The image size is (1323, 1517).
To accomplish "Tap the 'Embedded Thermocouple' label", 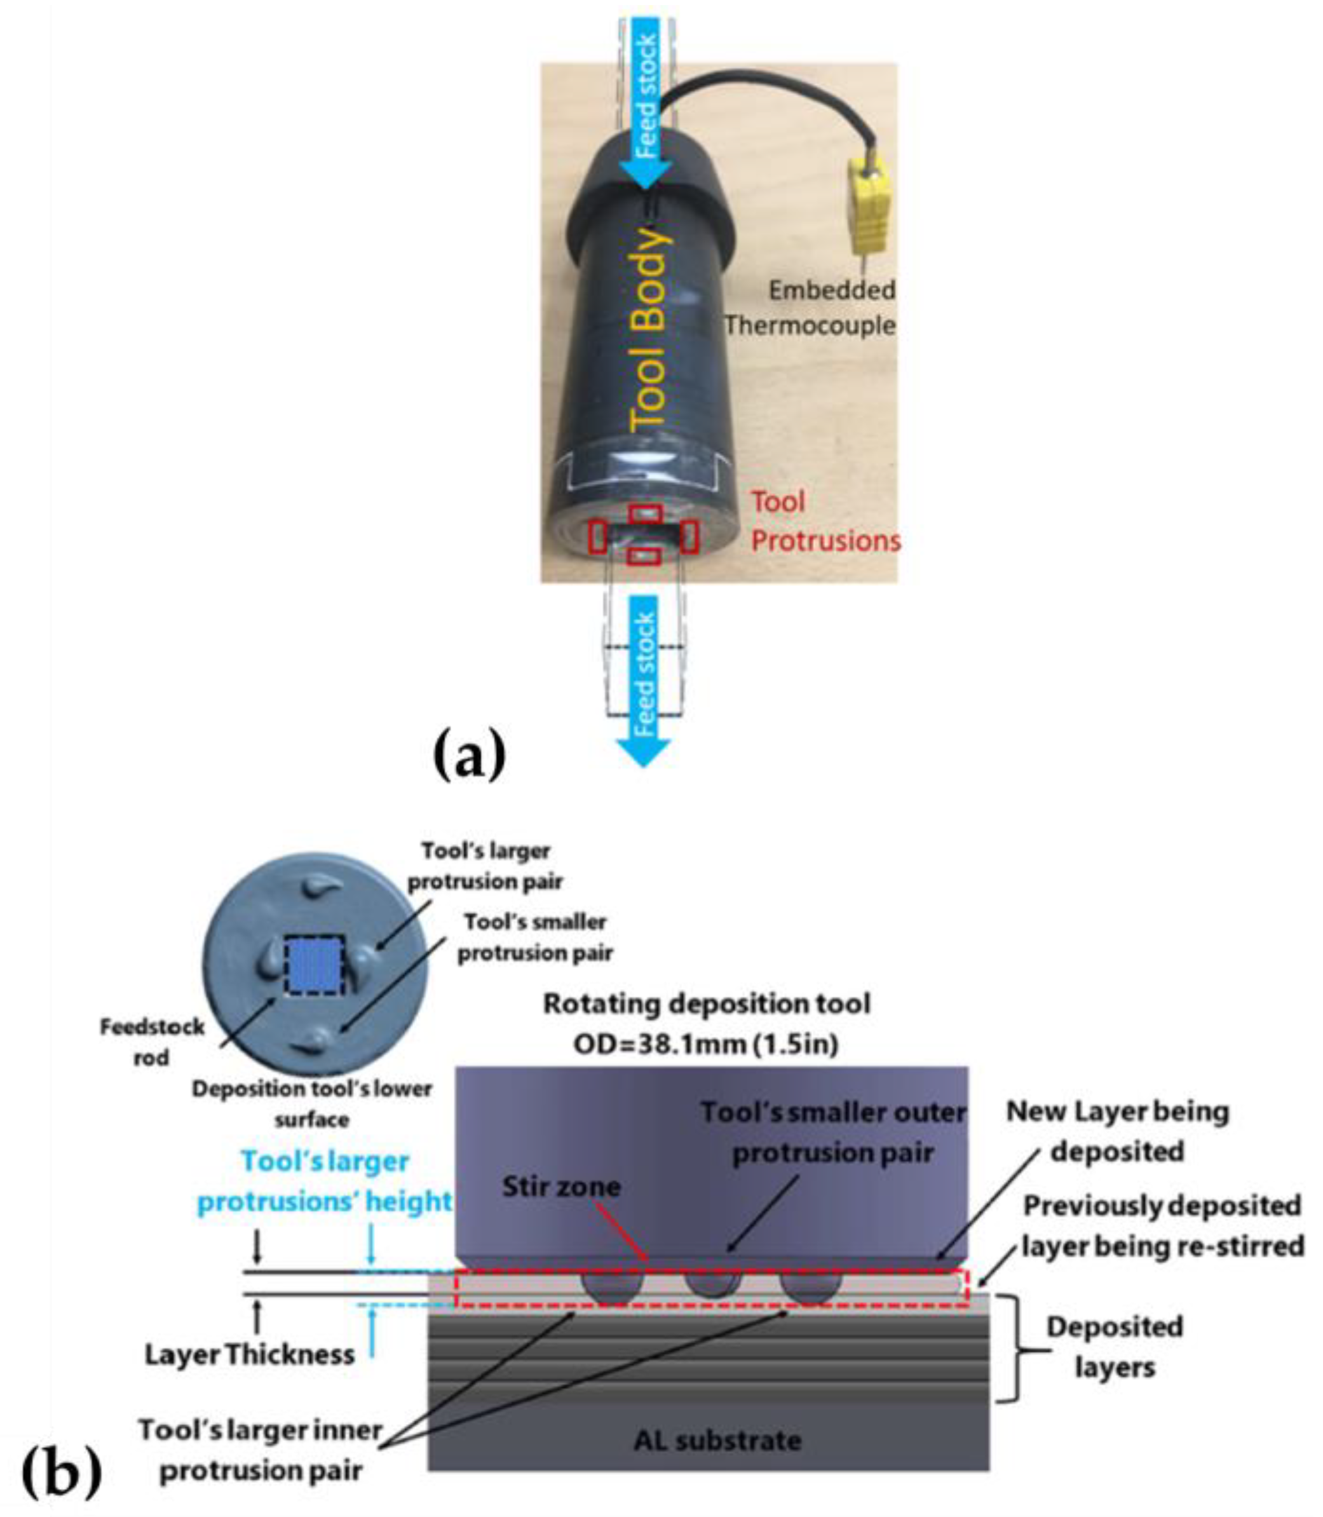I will (x=811, y=307).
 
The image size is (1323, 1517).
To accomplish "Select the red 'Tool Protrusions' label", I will (x=825, y=522).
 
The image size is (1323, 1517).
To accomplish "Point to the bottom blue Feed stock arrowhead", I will (x=644, y=751).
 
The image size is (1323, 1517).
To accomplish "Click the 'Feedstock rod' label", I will (x=152, y=1042).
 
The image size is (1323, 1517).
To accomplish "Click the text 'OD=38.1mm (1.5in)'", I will (x=706, y=1045).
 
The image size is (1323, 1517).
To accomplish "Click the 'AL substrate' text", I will (x=717, y=1439).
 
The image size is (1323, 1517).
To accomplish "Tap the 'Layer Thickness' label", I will (x=250, y=1354).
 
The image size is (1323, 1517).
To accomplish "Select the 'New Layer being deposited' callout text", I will (x=1117, y=1131).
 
